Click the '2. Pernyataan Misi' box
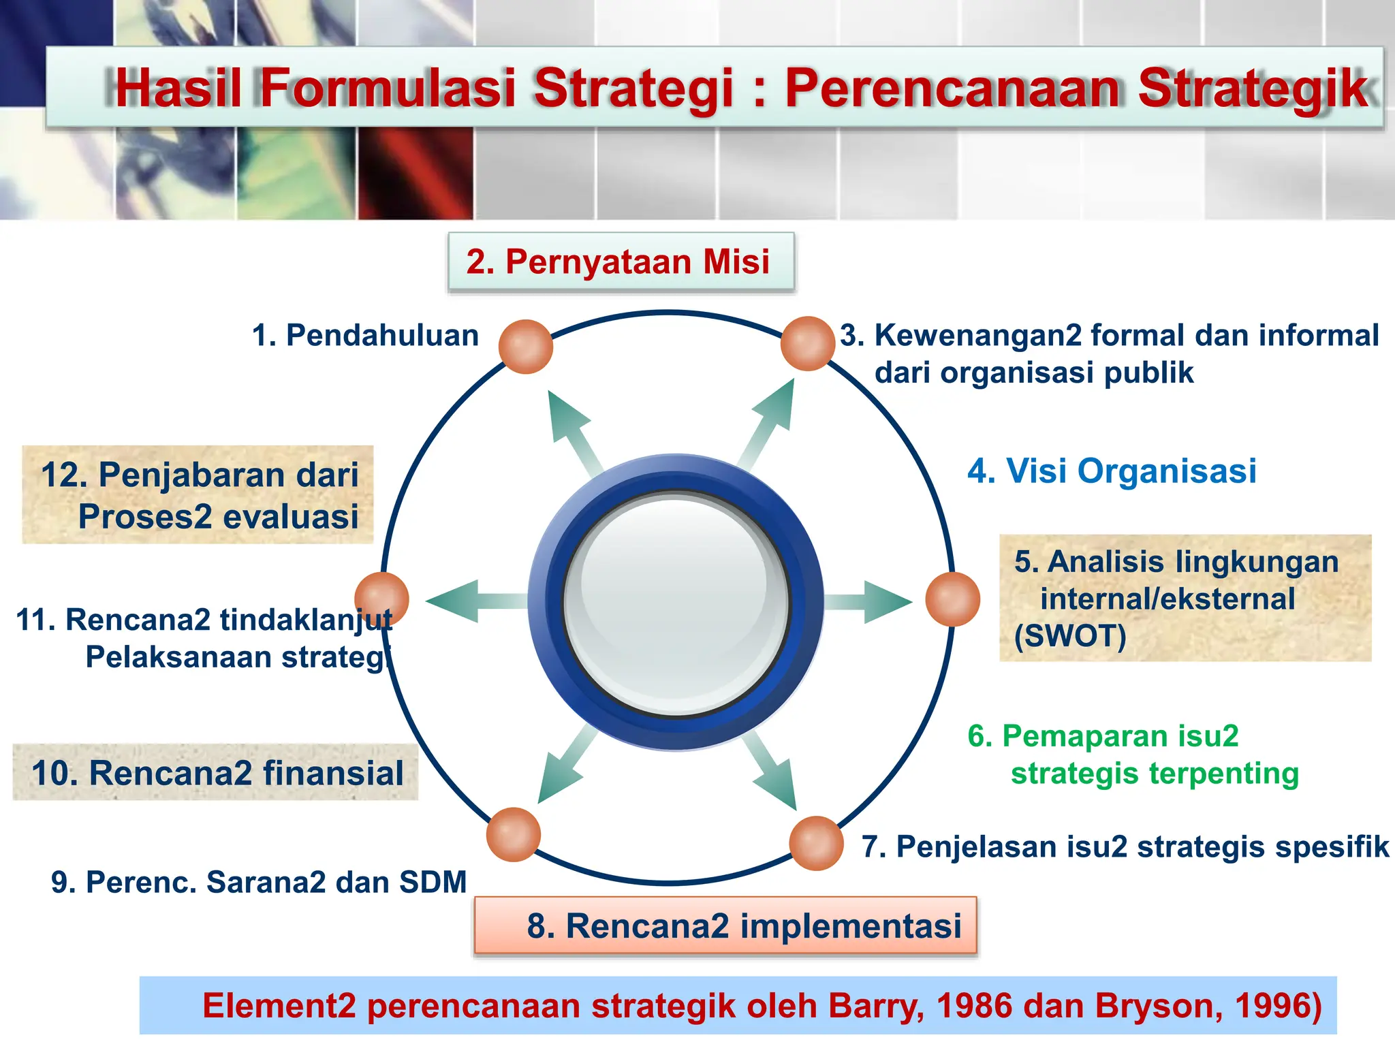click(x=621, y=262)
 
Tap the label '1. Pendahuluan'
click(x=366, y=336)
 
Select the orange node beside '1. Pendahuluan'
click(x=525, y=347)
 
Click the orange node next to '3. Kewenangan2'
click(x=807, y=344)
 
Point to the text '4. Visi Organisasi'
click(x=1112, y=471)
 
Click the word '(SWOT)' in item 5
click(x=1069, y=636)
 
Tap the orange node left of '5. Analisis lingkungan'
click(x=952, y=599)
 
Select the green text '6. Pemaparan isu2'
click(x=1103, y=736)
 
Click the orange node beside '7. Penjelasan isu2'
click(x=816, y=843)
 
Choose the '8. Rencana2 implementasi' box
click(x=725, y=926)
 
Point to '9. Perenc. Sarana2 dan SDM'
click(x=259, y=882)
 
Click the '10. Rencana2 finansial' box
click(x=216, y=773)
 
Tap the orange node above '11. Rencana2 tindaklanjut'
click(x=381, y=599)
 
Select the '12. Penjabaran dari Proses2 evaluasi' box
click(x=198, y=495)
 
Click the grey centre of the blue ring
click(x=675, y=603)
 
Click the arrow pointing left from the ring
click(x=470, y=601)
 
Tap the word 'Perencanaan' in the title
click(x=952, y=89)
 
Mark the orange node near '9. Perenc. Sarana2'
click(x=513, y=835)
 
